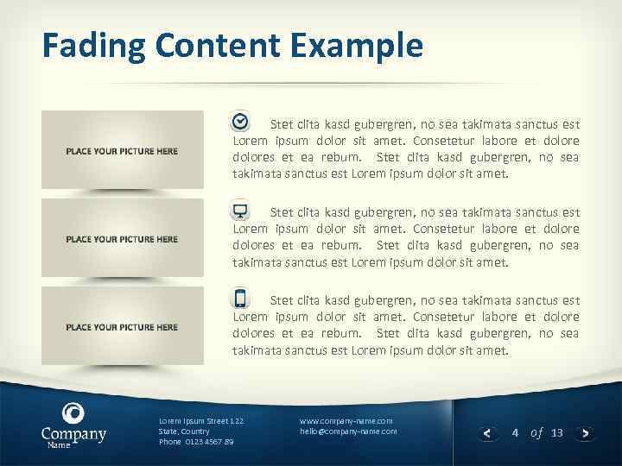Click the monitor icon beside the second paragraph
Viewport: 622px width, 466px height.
point(241,211)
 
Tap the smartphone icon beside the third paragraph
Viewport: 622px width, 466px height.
point(241,299)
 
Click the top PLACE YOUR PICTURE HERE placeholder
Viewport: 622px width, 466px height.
point(122,150)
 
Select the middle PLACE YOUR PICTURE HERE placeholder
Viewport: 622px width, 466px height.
point(122,239)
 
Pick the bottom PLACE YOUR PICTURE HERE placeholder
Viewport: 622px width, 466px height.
point(122,327)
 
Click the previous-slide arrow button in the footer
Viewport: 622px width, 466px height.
point(487,433)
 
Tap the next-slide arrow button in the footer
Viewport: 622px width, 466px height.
point(587,433)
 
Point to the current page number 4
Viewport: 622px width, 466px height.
point(515,432)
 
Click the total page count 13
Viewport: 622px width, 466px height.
point(556,432)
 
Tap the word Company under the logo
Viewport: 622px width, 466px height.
point(73,433)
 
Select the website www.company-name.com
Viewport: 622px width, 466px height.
point(346,420)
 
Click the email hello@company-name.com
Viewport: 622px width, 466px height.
point(348,431)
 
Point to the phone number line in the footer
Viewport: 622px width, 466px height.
point(196,442)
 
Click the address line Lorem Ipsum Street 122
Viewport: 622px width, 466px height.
point(201,420)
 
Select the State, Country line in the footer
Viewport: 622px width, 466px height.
point(184,431)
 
